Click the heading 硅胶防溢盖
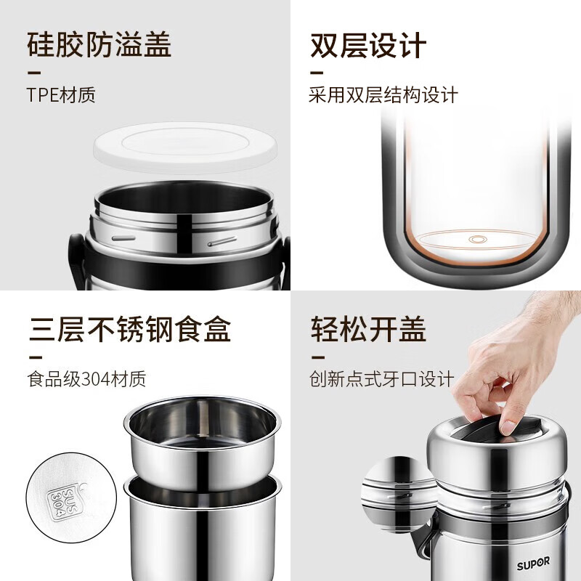[99, 45]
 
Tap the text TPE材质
[61, 95]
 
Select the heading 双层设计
[368, 45]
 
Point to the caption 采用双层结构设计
[383, 95]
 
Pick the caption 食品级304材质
[86, 378]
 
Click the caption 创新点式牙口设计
[381, 378]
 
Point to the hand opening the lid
[508, 370]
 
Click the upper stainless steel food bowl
[201, 439]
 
